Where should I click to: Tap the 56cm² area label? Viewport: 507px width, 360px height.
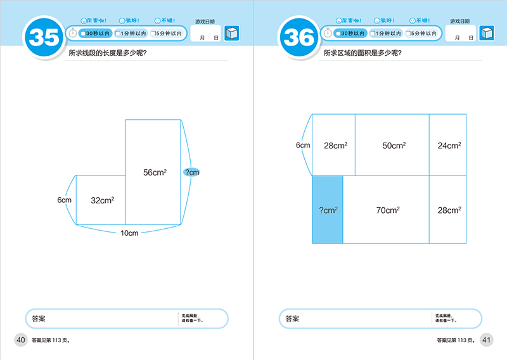tap(155, 172)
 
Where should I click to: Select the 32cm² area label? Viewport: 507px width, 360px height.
tap(102, 200)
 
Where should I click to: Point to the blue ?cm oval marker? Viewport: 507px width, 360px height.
tap(191, 172)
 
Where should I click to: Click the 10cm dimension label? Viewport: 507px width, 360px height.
tap(129, 233)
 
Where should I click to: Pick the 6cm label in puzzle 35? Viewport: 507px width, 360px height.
tap(64, 200)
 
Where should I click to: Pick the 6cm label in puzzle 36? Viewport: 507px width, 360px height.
tap(303, 145)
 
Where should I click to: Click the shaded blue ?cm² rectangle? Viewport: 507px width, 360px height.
tap(328, 209)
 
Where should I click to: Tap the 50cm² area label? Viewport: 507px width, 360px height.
tap(393, 146)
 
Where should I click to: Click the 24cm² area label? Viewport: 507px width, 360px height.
tap(449, 146)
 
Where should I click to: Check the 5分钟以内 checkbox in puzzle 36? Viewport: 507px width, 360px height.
tap(407, 34)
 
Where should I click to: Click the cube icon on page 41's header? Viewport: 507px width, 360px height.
tap(487, 34)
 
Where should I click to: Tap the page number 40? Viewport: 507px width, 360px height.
tap(20, 340)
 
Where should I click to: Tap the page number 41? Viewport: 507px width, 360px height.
tap(487, 340)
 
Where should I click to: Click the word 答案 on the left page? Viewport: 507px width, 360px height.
tap(37, 319)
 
